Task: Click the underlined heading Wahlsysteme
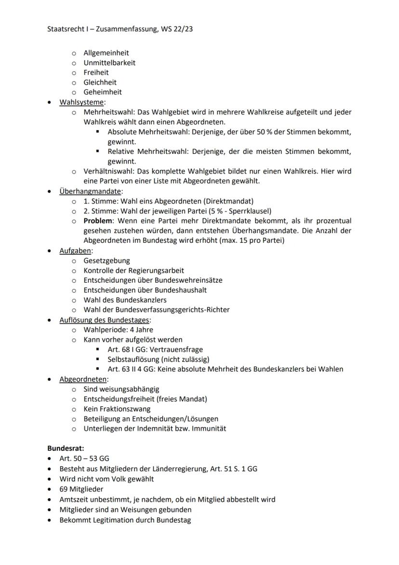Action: point(81,102)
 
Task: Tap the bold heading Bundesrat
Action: point(66,448)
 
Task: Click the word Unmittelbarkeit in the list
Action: point(109,63)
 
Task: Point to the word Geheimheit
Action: point(103,92)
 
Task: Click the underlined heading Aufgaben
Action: point(75,251)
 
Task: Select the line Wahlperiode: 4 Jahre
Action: point(118,330)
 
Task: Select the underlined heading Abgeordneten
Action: point(83,379)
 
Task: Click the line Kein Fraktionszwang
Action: point(117,409)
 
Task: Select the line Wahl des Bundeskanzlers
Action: point(125,300)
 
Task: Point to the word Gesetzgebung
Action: point(106,261)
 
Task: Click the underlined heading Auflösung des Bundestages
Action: point(104,320)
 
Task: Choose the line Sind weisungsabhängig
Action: point(121,389)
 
